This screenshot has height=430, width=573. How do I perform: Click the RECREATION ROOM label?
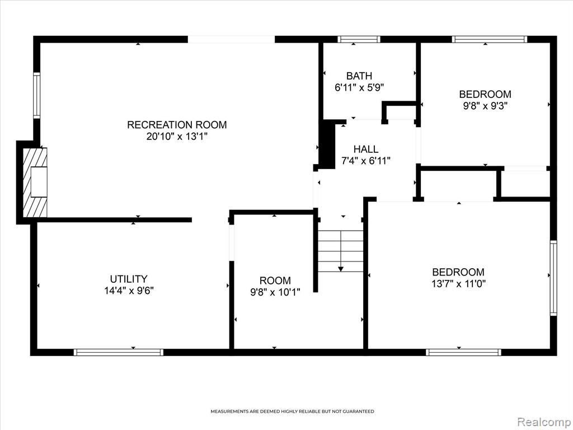[x=177, y=125]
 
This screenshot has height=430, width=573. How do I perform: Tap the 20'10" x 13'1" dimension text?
[x=177, y=137]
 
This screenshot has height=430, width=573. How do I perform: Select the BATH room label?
[x=359, y=76]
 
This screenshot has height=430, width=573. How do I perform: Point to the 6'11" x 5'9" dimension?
[x=359, y=87]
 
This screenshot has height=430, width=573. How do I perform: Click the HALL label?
[x=366, y=149]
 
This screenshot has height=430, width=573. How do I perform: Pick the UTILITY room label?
[x=129, y=279]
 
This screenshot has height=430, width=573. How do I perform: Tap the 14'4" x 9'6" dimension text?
[x=129, y=291]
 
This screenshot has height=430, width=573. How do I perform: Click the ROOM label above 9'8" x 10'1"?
[x=275, y=281]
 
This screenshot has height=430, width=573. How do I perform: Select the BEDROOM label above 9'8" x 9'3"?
[x=485, y=94]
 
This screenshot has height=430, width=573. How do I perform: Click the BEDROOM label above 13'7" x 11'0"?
[x=458, y=272]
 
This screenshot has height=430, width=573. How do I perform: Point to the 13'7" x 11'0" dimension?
[x=458, y=284]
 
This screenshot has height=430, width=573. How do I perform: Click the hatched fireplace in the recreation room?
[x=35, y=182]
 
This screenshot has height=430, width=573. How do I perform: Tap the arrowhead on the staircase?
[x=341, y=269]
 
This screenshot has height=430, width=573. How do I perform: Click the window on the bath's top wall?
[x=359, y=40]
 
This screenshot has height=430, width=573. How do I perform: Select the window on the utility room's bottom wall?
[x=119, y=352]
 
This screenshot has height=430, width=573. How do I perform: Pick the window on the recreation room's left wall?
[x=36, y=95]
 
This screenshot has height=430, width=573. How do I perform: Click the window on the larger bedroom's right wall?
[x=553, y=278]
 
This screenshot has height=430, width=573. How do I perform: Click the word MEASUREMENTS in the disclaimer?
[x=229, y=412]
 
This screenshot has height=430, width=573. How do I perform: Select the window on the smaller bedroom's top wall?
[x=489, y=40]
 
